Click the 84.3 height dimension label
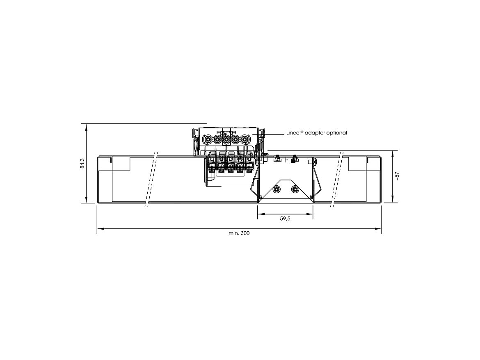(x=82, y=164)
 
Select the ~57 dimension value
(x=397, y=176)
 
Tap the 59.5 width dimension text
(x=285, y=219)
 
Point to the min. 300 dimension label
(x=239, y=233)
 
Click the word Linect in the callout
(x=294, y=133)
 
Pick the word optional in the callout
(x=336, y=133)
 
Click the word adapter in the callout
(x=315, y=133)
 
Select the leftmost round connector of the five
(x=208, y=140)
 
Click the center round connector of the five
(x=226, y=140)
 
